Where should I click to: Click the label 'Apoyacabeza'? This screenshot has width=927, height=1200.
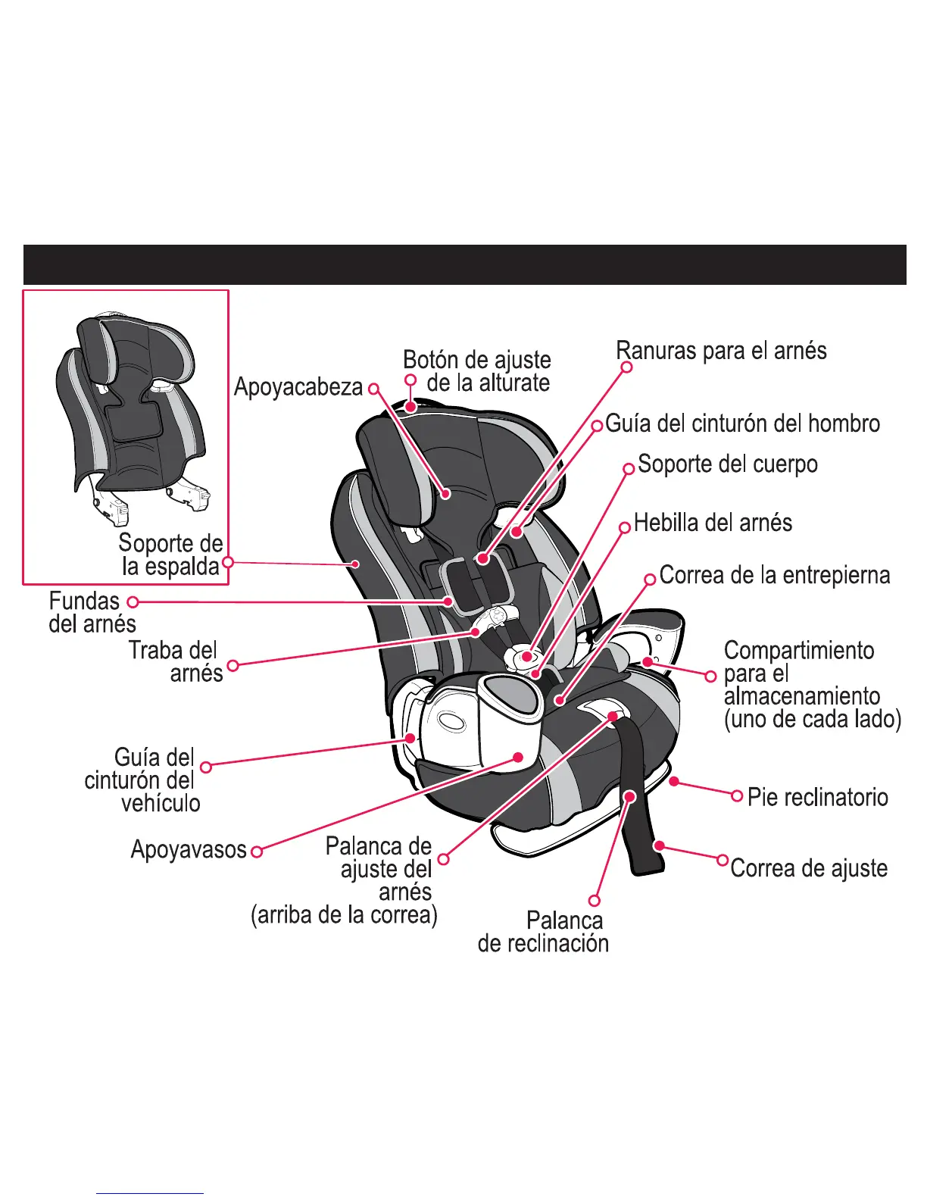(298, 387)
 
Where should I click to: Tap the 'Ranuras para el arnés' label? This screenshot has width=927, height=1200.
(721, 351)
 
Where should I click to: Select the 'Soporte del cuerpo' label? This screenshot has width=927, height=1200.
(727, 464)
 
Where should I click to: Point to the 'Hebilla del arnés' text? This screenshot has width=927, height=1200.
(713, 523)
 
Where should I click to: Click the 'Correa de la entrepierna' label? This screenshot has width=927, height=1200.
(774, 575)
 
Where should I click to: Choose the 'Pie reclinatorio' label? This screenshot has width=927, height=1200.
(817, 797)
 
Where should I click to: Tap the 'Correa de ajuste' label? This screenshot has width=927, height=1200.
(809, 868)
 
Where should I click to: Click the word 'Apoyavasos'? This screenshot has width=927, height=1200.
(189, 849)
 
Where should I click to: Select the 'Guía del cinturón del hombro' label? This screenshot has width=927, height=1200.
(742, 423)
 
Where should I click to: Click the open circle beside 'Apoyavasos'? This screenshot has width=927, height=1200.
(257, 852)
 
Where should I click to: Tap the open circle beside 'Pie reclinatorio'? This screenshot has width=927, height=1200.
(737, 795)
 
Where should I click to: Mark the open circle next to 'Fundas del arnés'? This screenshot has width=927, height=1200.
(133, 602)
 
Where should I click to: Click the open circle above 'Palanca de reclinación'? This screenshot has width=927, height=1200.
(595, 901)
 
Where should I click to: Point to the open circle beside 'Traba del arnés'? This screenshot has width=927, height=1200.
(233, 665)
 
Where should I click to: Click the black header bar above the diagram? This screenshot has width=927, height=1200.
(464, 264)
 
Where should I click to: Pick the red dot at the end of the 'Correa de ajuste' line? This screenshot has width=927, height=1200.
(660, 845)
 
